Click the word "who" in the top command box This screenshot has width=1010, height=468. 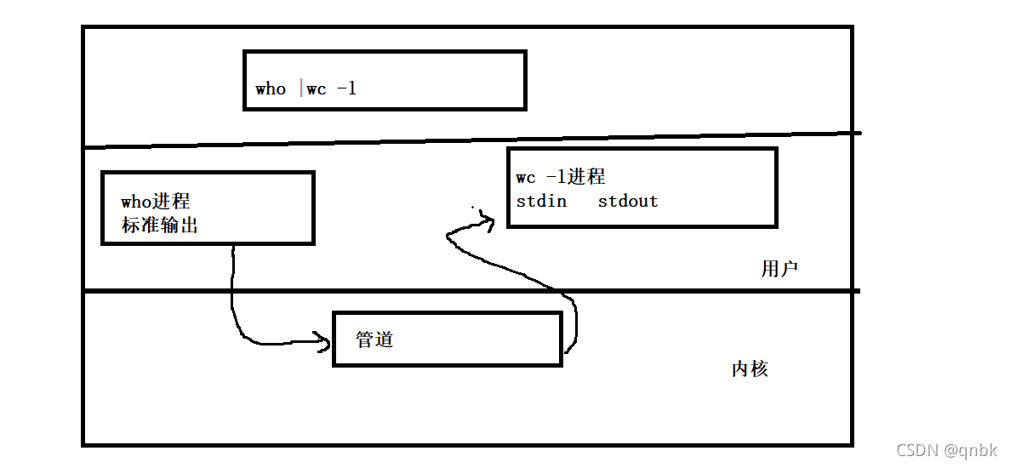(x=271, y=88)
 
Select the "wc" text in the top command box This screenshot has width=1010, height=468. (x=317, y=88)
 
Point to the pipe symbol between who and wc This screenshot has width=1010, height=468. (x=301, y=88)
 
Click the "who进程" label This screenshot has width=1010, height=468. (x=156, y=202)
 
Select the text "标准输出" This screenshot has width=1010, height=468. (x=160, y=226)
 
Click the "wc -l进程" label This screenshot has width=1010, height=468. (x=561, y=177)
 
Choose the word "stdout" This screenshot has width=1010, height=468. (x=628, y=202)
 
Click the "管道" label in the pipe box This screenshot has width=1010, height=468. (x=374, y=339)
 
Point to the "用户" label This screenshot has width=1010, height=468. (x=779, y=269)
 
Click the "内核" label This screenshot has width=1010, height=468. (x=750, y=368)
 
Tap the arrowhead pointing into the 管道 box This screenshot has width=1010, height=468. (x=324, y=342)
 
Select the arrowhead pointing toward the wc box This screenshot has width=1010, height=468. (x=487, y=220)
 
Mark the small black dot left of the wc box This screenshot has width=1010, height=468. (x=474, y=206)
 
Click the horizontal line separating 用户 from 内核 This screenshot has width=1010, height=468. (x=468, y=291)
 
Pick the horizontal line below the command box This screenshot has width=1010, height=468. (x=468, y=140)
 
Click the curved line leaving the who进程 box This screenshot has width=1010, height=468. (x=232, y=298)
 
